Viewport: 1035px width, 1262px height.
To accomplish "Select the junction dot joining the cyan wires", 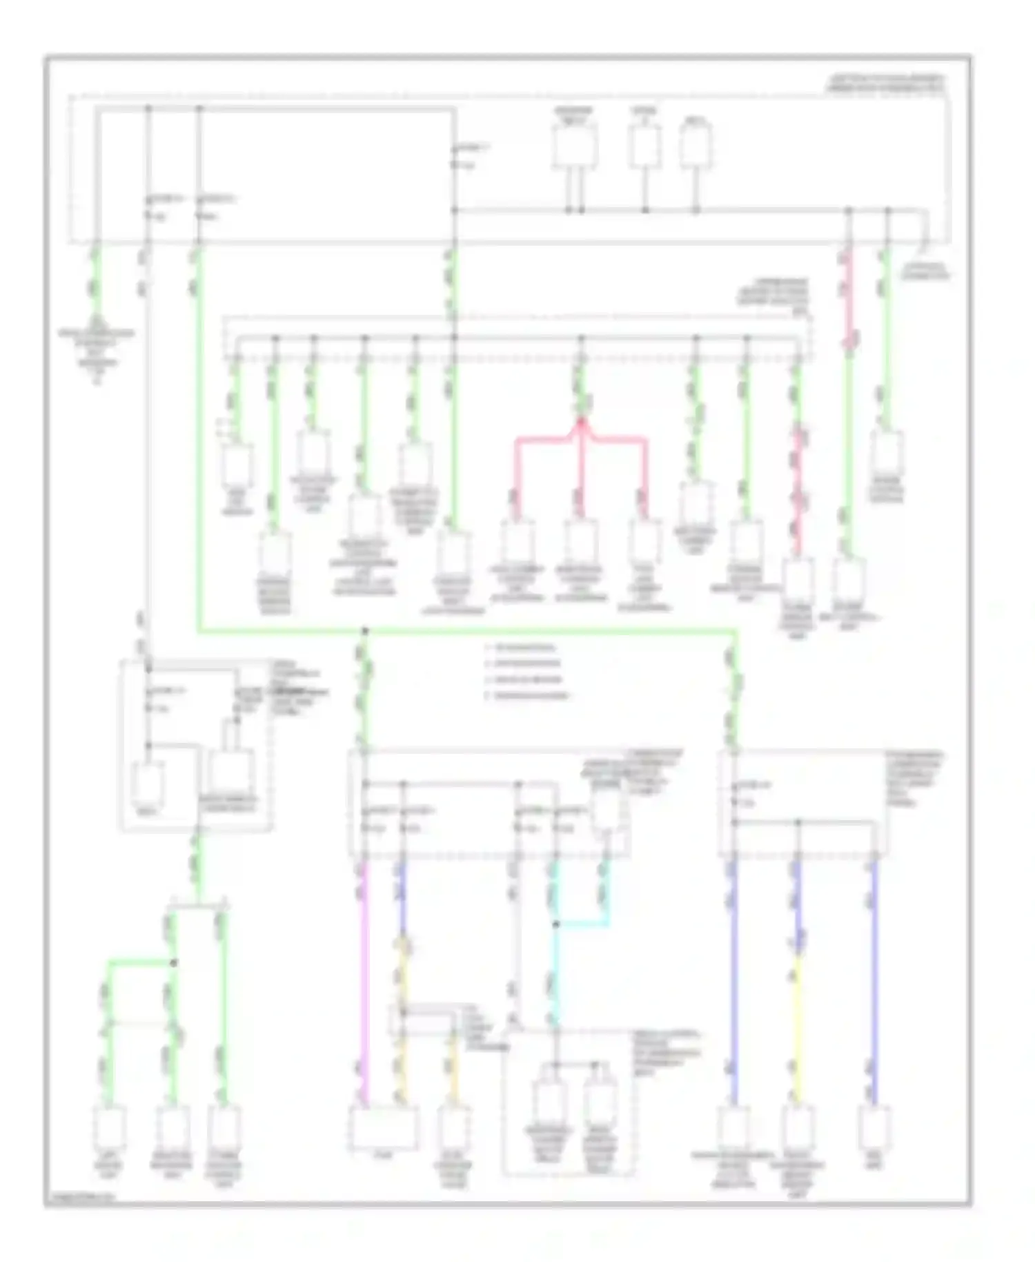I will tap(556, 924).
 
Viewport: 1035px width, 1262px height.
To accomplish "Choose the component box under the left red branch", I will tap(517, 543).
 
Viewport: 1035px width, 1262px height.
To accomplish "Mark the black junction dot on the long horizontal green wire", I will tap(365, 630).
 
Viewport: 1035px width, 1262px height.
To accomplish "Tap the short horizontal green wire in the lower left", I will tap(138, 961).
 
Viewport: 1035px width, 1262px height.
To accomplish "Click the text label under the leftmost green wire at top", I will tap(97, 352).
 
